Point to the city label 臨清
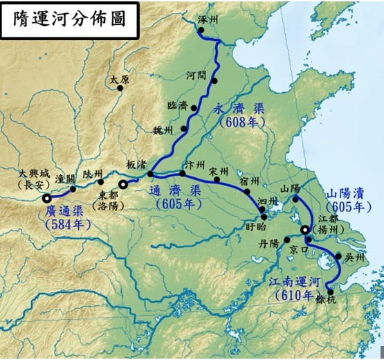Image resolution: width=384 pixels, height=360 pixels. (177, 105)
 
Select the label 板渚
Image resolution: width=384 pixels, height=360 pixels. (135, 163)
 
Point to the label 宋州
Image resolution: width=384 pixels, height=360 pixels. (219, 170)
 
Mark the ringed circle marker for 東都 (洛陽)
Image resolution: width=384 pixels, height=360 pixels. (124, 184)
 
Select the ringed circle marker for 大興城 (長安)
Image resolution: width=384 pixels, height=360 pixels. (46, 199)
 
